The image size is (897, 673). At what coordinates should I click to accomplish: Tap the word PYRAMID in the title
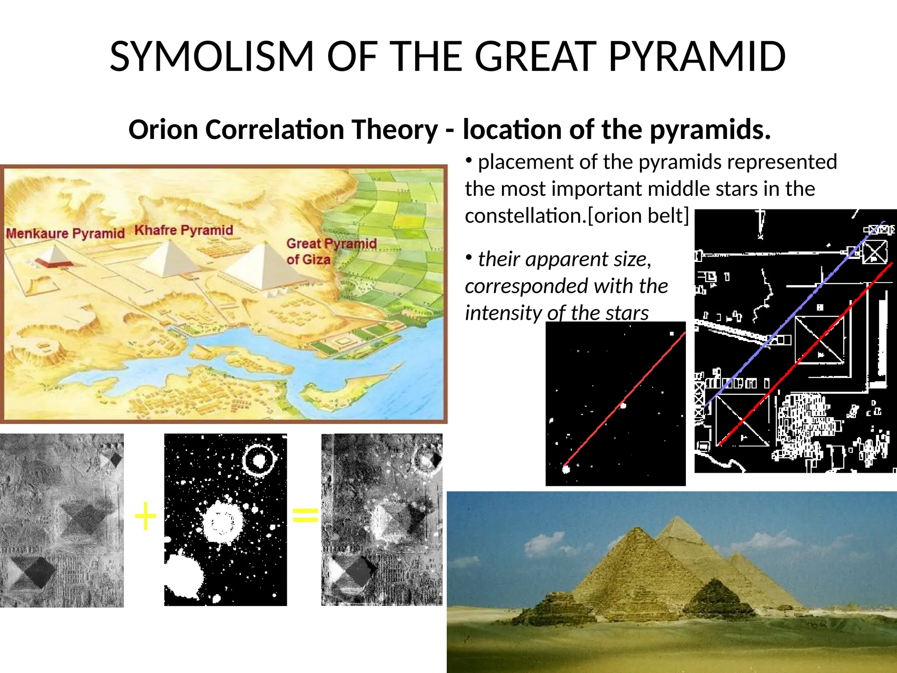697,57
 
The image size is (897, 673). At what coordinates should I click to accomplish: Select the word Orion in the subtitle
163,130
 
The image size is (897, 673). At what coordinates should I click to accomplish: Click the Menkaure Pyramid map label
65,233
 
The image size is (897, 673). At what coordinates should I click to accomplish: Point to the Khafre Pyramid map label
184,230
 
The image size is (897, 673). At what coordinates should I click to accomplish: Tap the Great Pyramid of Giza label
331,251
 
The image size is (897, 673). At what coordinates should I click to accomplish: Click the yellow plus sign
145,516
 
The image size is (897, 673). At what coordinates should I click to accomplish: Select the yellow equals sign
305,515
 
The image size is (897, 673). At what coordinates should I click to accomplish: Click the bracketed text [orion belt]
638,216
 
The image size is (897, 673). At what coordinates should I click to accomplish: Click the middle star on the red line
623,406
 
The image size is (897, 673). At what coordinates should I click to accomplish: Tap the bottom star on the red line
566,469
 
